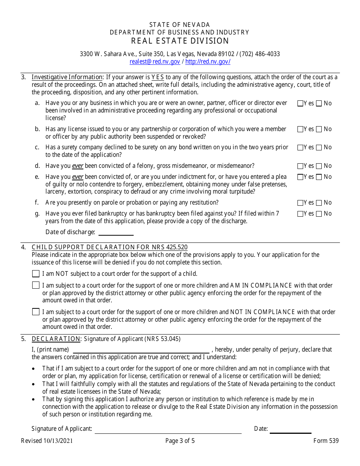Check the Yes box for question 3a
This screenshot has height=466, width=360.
[x=300, y=103]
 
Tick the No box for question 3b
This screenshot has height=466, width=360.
[x=319, y=129]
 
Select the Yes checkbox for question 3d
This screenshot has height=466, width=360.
[x=300, y=166]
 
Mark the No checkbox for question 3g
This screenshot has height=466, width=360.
[x=319, y=214]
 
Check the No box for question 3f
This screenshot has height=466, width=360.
[x=319, y=203]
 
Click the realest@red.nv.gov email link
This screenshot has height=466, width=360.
[x=155, y=61]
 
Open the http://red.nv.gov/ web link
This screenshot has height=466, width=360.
[x=208, y=61]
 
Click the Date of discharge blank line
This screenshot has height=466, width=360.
[x=116, y=232]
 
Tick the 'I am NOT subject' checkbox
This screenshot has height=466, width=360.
[x=36, y=274]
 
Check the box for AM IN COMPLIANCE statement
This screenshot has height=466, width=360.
[x=36, y=285]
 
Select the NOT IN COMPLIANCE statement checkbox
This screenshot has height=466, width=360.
[x=36, y=312]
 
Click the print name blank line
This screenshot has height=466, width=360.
[x=141, y=350]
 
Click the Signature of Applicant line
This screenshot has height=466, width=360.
[x=168, y=430]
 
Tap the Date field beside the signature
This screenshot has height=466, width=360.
[x=290, y=430]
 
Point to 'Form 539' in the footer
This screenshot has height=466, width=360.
[x=326, y=441]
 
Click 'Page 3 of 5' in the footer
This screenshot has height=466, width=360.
[x=180, y=441]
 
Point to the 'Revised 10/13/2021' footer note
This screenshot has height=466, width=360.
[x=47, y=441]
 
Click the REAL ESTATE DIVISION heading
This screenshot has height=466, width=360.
[x=180, y=41]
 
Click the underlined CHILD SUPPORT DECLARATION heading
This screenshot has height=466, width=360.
[x=110, y=247]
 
